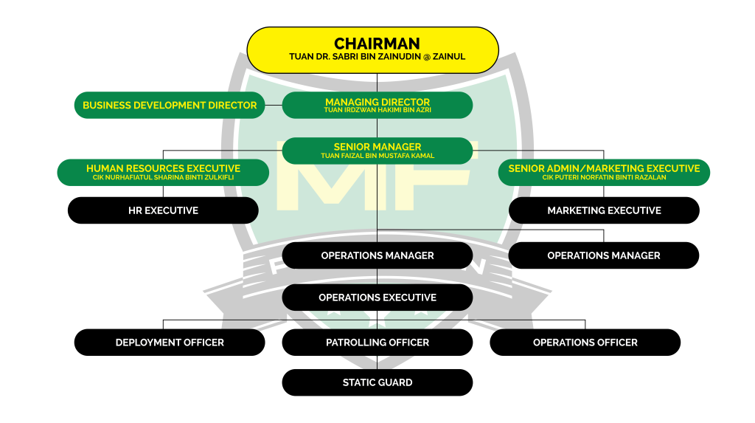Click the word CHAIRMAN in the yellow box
[x=377, y=44]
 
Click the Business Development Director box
[x=170, y=105]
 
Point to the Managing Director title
[x=377, y=102]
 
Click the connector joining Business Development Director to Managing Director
[x=274, y=105]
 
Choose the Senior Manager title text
[x=377, y=147]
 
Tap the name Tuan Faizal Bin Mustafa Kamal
[x=377, y=156]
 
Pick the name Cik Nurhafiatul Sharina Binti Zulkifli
[x=163, y=177]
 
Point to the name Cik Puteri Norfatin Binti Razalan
[x=604, y=177]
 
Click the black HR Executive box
[x=163, y=210]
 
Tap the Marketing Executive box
[x=604, y=210]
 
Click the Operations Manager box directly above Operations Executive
[x=377, y=255]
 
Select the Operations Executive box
[x=377, y=298]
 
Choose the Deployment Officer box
[x=170, y=343]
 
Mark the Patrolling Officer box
[x=377, y=343]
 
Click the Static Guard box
[x=377, y=382]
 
